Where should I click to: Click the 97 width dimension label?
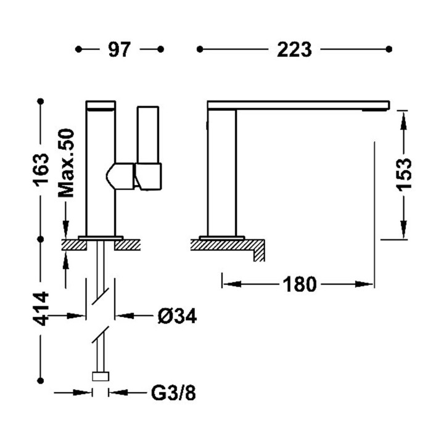120,49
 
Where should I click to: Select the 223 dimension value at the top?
294,49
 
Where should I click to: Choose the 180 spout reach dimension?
299,284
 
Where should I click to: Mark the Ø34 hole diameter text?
176,316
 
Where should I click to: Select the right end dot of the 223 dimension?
388,49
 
